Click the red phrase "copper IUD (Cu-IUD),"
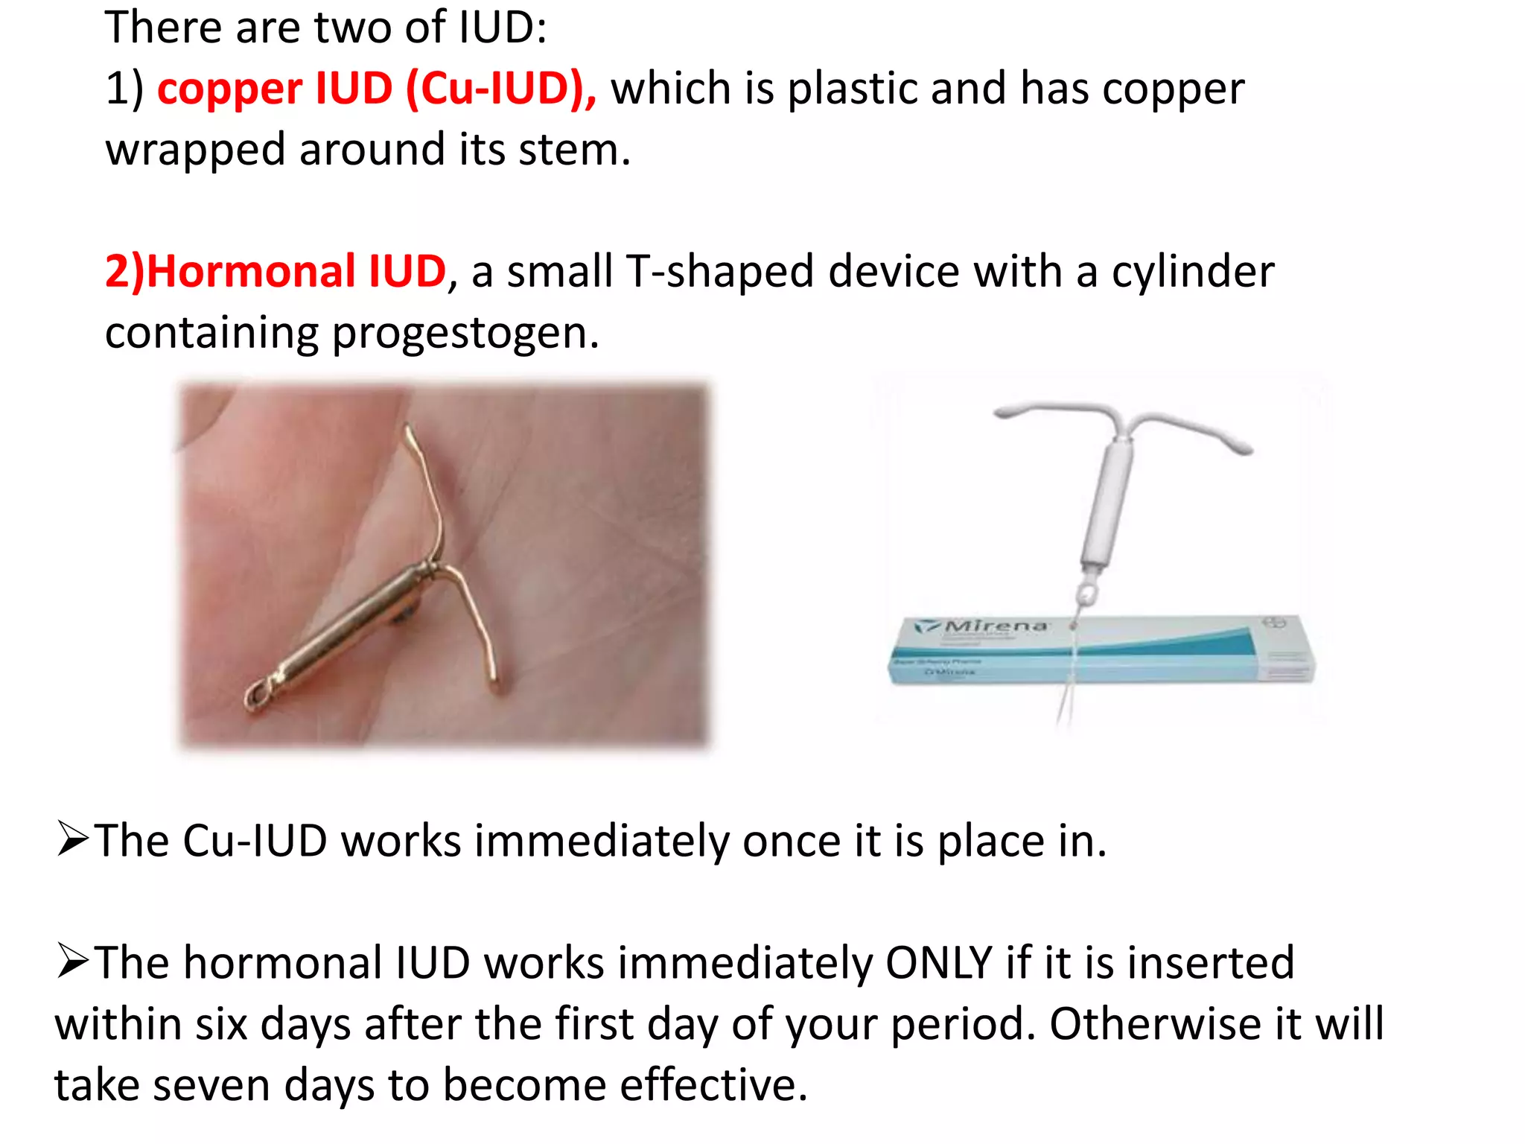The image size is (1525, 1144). (376, 89)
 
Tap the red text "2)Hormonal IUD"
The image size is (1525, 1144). (275, 271)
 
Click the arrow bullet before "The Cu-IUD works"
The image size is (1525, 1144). (73, 839)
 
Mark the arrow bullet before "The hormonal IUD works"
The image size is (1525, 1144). (73, 962)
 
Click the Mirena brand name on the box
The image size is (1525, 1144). (996, 626)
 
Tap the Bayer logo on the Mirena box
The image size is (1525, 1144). (1272, 623)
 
